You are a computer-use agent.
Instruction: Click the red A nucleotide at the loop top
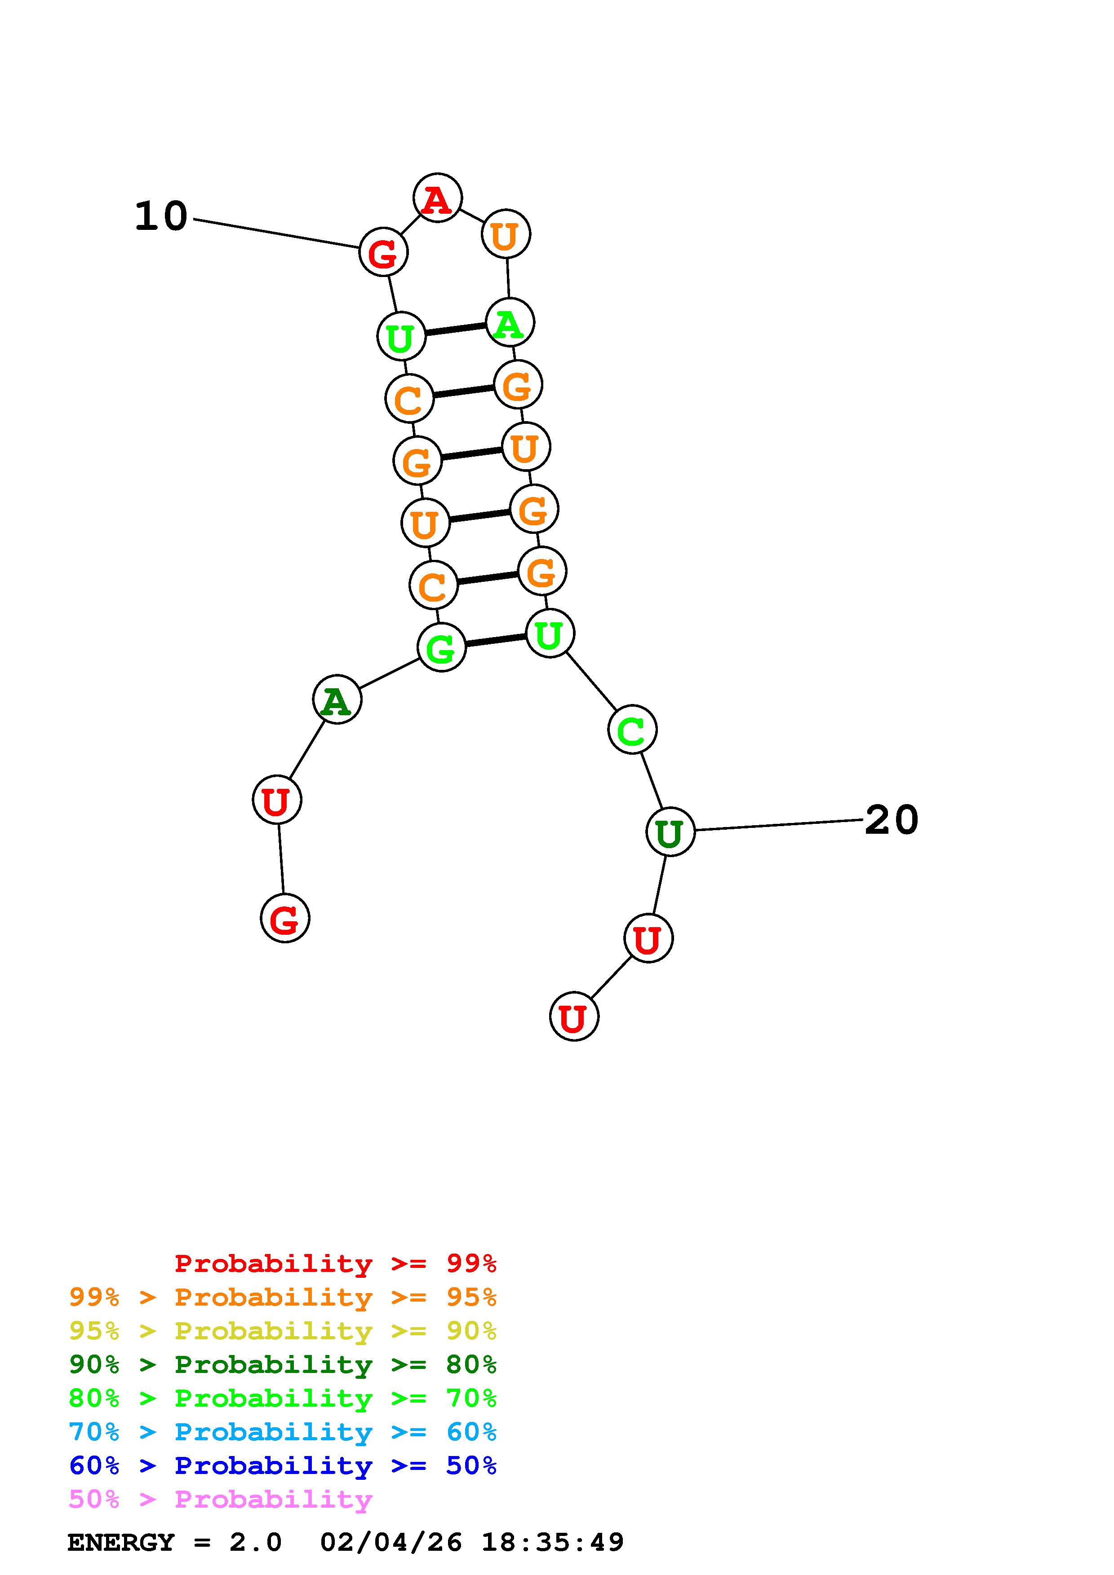coord(437,198)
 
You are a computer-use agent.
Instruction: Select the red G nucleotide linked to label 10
coord(383,252)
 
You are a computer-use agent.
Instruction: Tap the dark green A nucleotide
coord(336,700)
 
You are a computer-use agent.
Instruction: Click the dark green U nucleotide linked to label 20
coord(670,831)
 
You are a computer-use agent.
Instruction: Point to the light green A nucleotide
coord(509,322)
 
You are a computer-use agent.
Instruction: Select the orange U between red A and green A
coord(506,235)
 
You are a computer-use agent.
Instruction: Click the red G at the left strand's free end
coord(285,918)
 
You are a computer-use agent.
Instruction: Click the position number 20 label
coord(891,820)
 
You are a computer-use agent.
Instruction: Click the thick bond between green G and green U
coord(495,641)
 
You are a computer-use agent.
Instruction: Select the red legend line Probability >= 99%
coord(335,1263)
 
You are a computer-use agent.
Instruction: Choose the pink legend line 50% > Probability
coord(220,1500)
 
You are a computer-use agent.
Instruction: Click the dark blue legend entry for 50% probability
coord(282,1465)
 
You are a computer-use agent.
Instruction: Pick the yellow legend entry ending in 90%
coord(282,1331)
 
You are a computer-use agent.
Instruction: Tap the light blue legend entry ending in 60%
coord(282,1432)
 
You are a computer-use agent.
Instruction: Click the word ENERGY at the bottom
coord(121,1543)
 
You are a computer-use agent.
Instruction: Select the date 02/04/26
coord(391,1543)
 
